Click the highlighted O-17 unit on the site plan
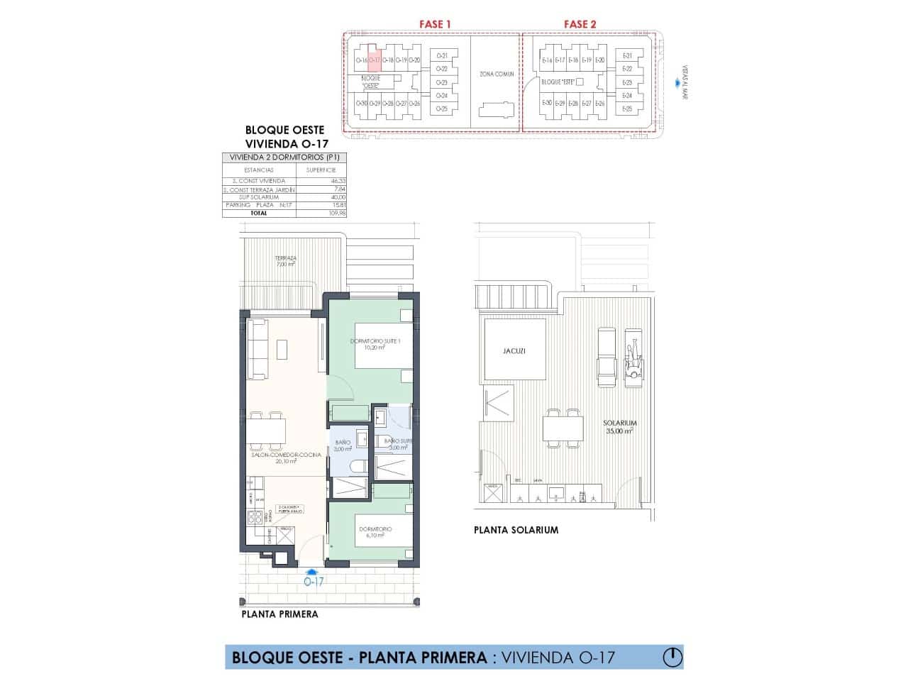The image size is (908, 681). click(375, 60)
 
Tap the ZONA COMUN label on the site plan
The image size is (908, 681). click(496, 74)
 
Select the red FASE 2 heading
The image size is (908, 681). click(580, 24)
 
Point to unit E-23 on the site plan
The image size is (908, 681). click(626, 82)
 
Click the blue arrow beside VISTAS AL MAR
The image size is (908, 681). click(675, 84)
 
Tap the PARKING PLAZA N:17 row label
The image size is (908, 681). click(258, 204)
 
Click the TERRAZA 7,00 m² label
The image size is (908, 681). click(287, 261)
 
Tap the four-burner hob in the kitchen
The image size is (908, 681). click(253, 519)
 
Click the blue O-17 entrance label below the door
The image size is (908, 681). click(313, 581)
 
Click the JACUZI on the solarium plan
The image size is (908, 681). click(514, 350)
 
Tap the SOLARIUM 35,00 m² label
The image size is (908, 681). click(620, 426)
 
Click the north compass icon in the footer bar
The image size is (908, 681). click(671, 657)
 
